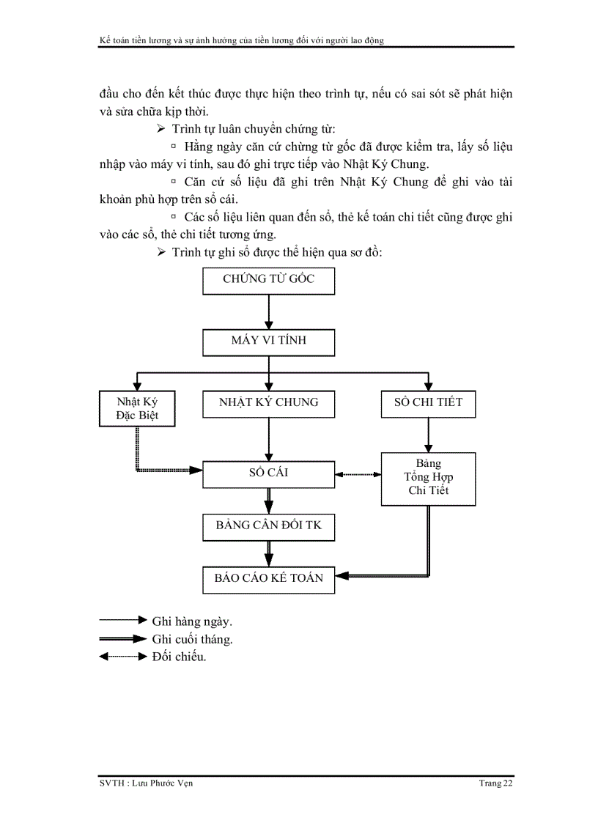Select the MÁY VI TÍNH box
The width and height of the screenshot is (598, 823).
coord(268,342)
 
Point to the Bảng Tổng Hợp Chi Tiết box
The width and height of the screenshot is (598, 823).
coord(428,479)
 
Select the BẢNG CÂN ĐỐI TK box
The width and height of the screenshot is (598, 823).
coord(268,526)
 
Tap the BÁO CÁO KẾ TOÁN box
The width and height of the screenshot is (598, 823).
coord(268,579)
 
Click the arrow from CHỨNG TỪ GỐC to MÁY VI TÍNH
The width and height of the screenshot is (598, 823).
coord(268,312)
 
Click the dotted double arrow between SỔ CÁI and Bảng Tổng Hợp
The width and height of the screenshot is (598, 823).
coord(358,475)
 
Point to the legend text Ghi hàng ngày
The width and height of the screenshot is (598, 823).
coord(193,621)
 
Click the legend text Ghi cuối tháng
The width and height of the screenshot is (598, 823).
coord(193,639)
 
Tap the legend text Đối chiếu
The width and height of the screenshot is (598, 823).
coord(180,657)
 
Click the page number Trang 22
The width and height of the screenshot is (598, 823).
coord(495,783)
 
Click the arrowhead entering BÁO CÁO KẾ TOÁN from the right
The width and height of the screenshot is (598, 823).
coord(342,577)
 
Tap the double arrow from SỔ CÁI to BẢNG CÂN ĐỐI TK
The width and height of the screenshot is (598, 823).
coord(268,501)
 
